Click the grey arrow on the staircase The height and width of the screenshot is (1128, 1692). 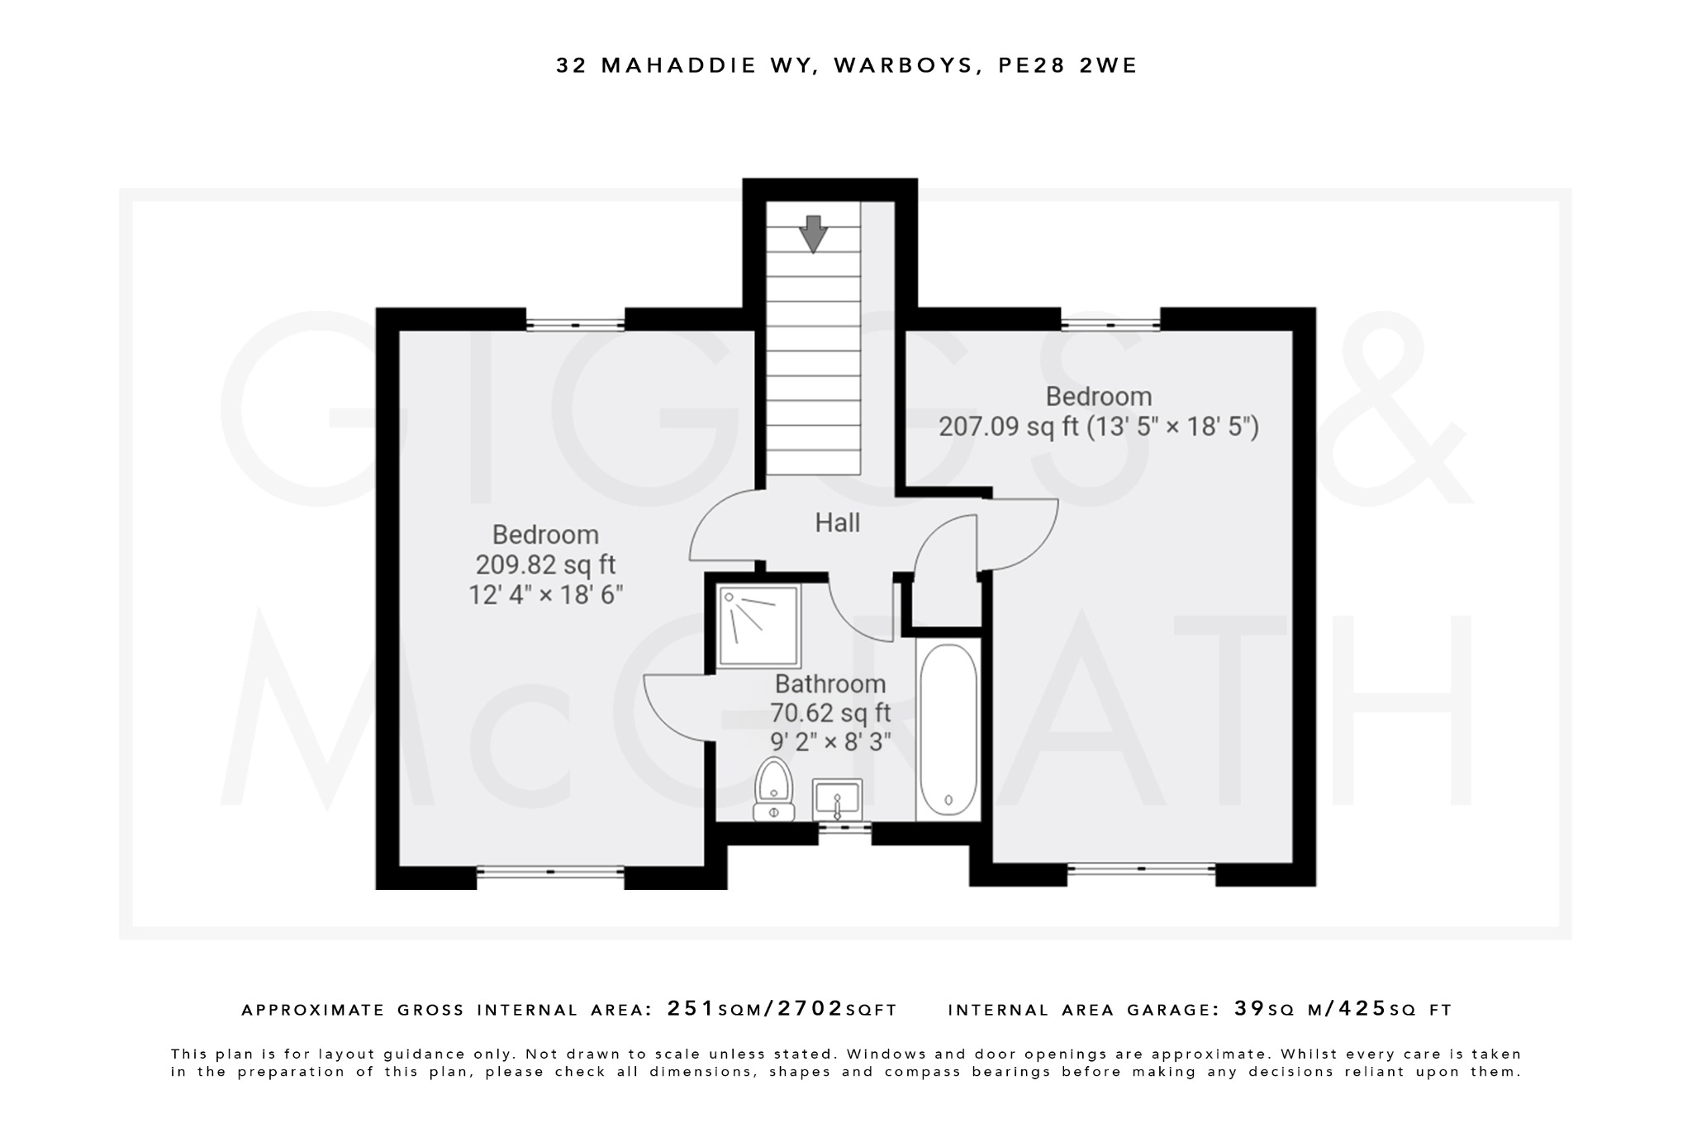814,233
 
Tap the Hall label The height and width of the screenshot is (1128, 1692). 837,523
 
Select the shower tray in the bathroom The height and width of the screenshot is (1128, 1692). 758,626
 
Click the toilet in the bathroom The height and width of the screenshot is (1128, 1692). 774,789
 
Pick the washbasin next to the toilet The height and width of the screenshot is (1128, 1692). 837,798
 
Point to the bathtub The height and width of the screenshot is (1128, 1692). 948,729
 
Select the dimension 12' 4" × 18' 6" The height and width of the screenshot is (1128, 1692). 545,595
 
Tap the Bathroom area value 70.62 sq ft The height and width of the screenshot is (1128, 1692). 830,712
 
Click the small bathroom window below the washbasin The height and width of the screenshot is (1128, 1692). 844,826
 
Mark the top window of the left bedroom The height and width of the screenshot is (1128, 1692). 575,325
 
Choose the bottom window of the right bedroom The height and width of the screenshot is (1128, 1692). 1141,869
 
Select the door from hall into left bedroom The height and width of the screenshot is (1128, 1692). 720,526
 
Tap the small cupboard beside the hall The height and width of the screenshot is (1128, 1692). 947,601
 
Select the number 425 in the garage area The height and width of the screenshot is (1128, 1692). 1362,1009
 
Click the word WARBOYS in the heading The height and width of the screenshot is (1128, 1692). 903,66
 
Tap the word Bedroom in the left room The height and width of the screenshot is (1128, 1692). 545,535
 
